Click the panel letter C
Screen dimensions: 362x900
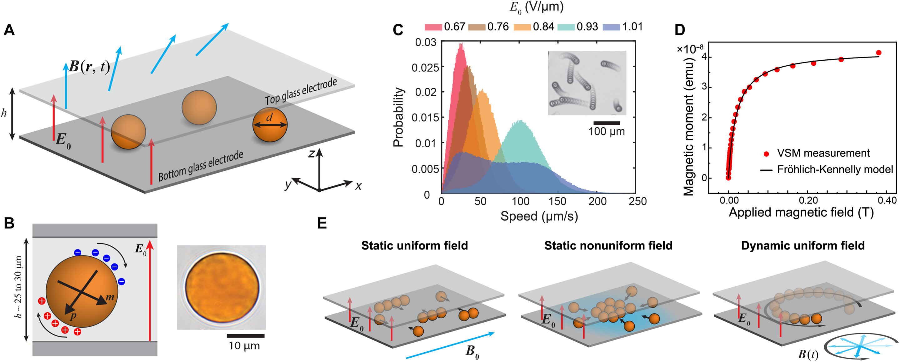398,30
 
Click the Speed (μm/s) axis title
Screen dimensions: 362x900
539,216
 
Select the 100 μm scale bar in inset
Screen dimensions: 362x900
607,123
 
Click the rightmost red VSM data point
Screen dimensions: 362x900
879,53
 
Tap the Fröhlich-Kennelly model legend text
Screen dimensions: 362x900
835,170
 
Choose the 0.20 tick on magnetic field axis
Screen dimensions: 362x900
808,201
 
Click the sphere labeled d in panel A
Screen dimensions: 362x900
270,125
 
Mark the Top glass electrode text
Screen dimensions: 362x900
300,91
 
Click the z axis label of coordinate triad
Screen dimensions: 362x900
311,153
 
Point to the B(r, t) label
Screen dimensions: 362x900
89,66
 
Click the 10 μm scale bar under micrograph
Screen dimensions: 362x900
245,336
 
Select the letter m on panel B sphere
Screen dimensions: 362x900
110,297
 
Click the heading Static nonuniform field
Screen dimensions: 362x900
608,246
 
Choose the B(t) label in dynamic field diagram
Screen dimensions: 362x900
808,354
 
